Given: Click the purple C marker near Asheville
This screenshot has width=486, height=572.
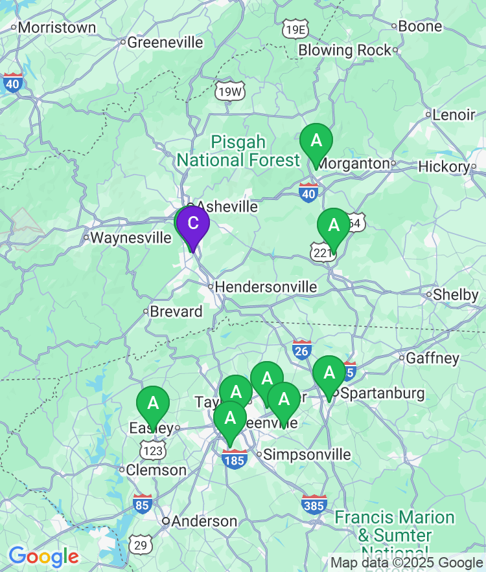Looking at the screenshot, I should pyautogui.click(x=192, y=224).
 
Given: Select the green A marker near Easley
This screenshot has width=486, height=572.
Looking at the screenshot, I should pyautogui.click(x=153, y=404).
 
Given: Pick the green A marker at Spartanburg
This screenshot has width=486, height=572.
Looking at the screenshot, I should pyautogui.click(x=329, y=373).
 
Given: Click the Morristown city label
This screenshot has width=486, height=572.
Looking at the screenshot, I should pyautogui.click(x=57, y=28).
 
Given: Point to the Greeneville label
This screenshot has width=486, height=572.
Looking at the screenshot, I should pyautogui.click(x=165, y=43).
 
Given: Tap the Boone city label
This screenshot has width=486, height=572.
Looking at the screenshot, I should pyautogui.click(x=421, y=27).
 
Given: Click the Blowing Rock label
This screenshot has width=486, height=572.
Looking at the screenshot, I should pyautogui.click(x=345, y=50).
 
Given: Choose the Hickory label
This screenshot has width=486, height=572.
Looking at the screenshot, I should pyautogui.click(x=444, y=166).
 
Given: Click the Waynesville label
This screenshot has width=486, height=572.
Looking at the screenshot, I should pyautogui.click(x=130, y=237).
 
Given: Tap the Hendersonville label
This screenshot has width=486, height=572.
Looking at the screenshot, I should pyautogui.click(x=266, y=287).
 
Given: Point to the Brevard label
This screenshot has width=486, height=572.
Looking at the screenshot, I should pyautogui.click(x=176, y=311).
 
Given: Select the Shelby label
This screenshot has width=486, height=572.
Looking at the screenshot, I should pyautogui.click(x=456, y=294).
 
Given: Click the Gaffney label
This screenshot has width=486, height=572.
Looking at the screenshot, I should pyautogui.click(x=433, y=358).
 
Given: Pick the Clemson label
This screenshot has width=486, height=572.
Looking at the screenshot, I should pyautogui.click(x=156, y=470).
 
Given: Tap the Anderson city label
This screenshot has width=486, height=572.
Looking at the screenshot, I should pyautogui.click(x=204, y=521).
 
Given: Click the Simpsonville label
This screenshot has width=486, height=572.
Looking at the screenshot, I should pyautogui.click(x=307, y=454).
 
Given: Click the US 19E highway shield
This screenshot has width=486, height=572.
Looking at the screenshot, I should pyautogui.click(x=295, y=29).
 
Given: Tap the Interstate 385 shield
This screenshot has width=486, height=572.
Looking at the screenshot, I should pyautogui.click(x=314, y=503).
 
